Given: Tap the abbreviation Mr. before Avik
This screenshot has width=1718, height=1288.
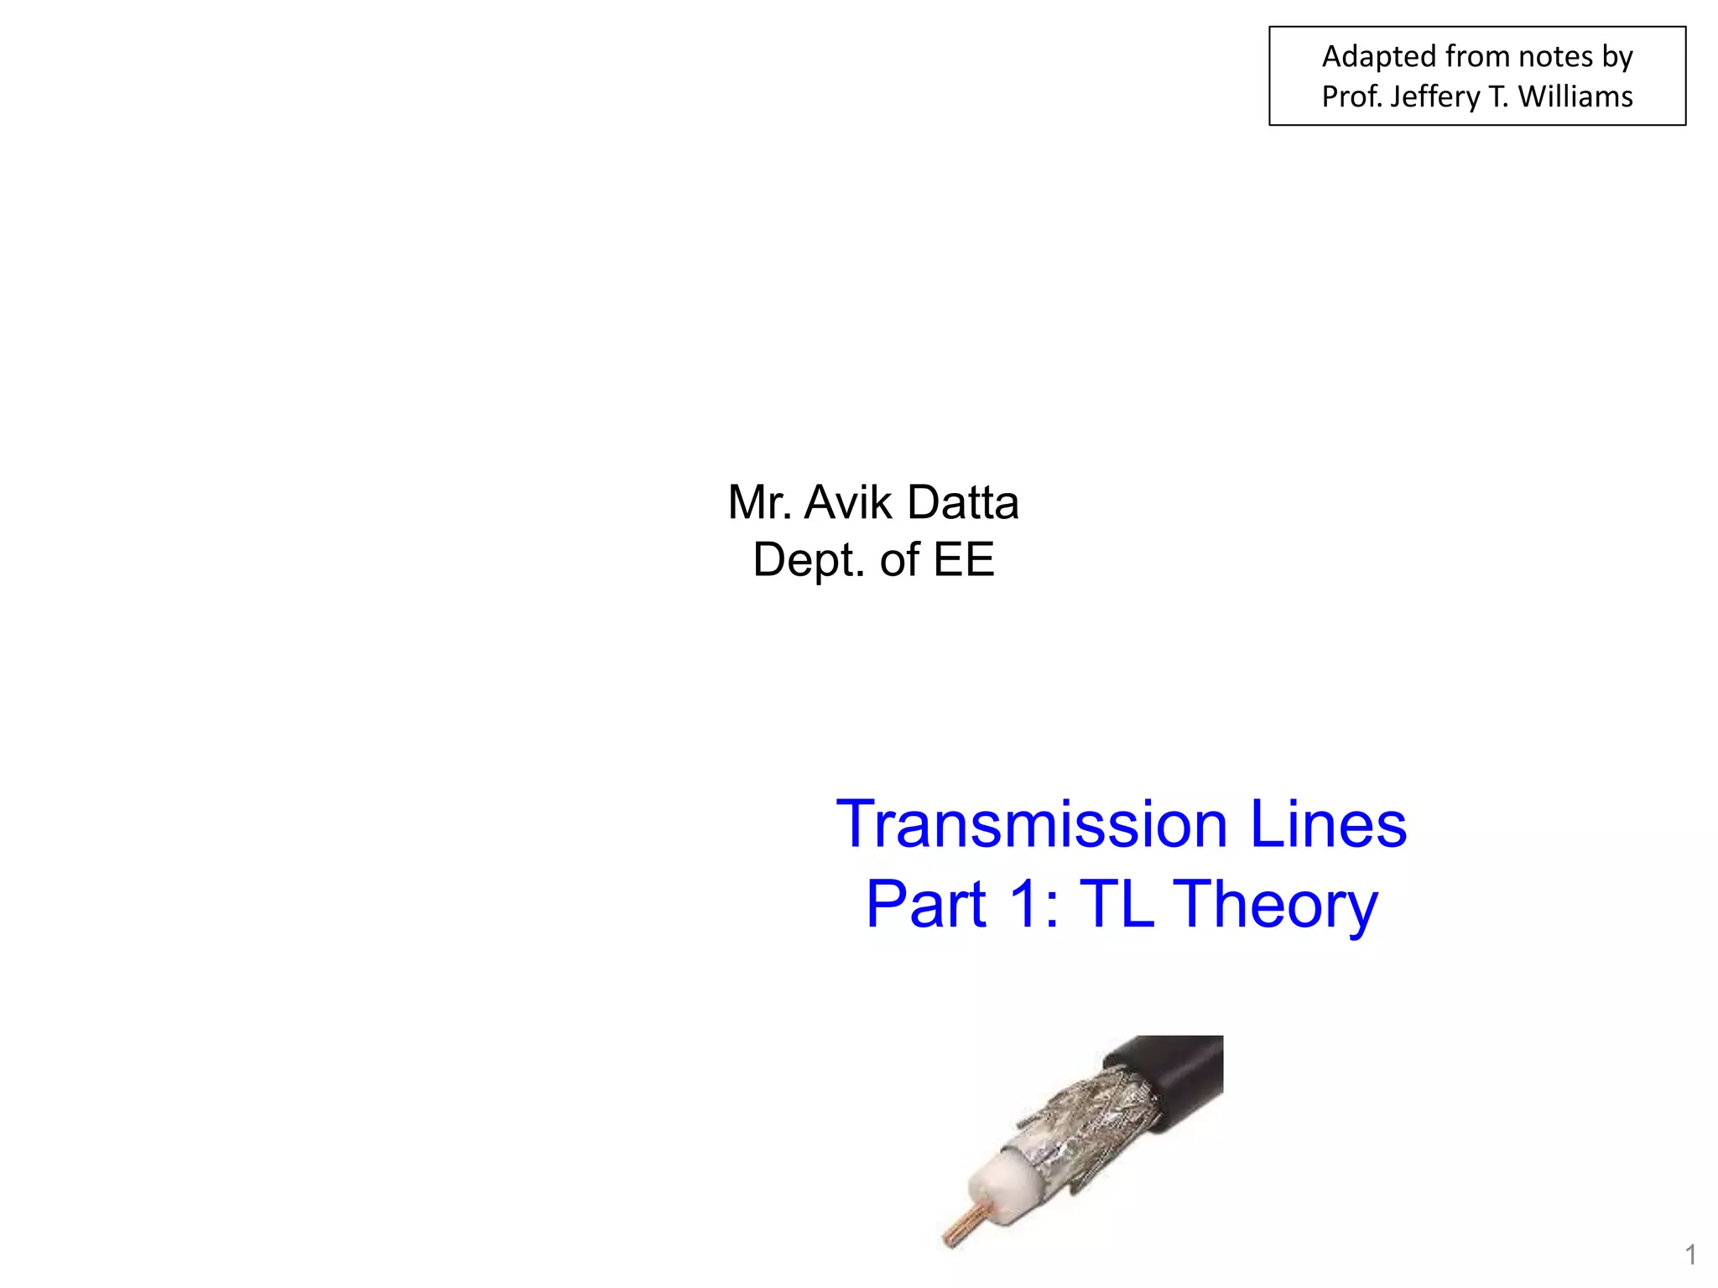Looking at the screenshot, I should (x=760, y=502).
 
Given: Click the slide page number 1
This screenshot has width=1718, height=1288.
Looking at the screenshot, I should (x=1690, y=1255).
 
